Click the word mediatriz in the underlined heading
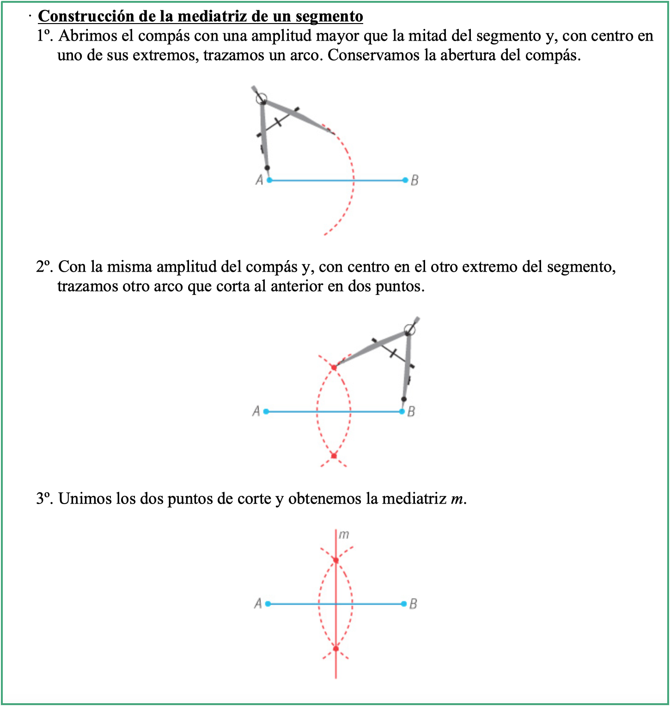(212, 16)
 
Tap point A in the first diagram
(269, 180)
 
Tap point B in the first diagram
(405, 180)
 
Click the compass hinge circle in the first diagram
(261, 98)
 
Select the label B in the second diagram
(411, 411)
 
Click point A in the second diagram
(266, 411)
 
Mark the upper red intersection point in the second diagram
(334, 368)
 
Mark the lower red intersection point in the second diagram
(334, 456)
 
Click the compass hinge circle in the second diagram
(409, 329)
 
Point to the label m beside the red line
(344, 535)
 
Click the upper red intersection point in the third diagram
(336, 560)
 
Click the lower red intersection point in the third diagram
(336, 649)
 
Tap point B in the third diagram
(404, 604)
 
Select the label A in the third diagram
(258, 603)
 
